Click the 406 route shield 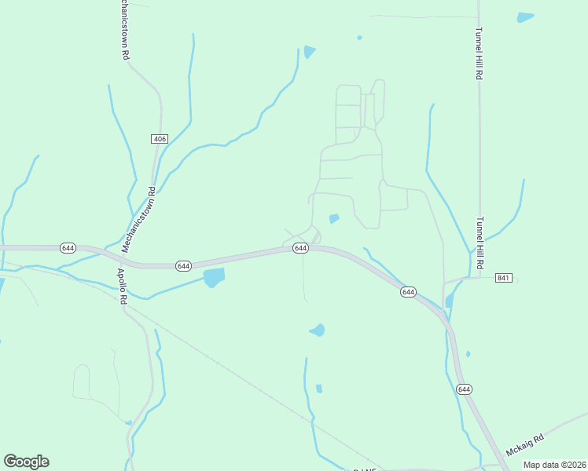pos(160,139)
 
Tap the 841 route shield pos(504,278)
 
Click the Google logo pos(26,462)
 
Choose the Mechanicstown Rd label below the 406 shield pos(138,219)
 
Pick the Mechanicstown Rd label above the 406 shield pos(123,31)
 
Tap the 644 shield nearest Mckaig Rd pos(464,389)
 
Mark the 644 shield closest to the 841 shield pos(408,292)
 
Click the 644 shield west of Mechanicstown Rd pos(68,248)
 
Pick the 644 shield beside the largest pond pos(183,266)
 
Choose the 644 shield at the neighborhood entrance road pos(300,248)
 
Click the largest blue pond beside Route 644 pos(213,277)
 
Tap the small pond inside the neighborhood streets pos(334,218)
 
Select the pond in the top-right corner pos(525,16)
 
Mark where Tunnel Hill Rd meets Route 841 pos(479,277)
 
